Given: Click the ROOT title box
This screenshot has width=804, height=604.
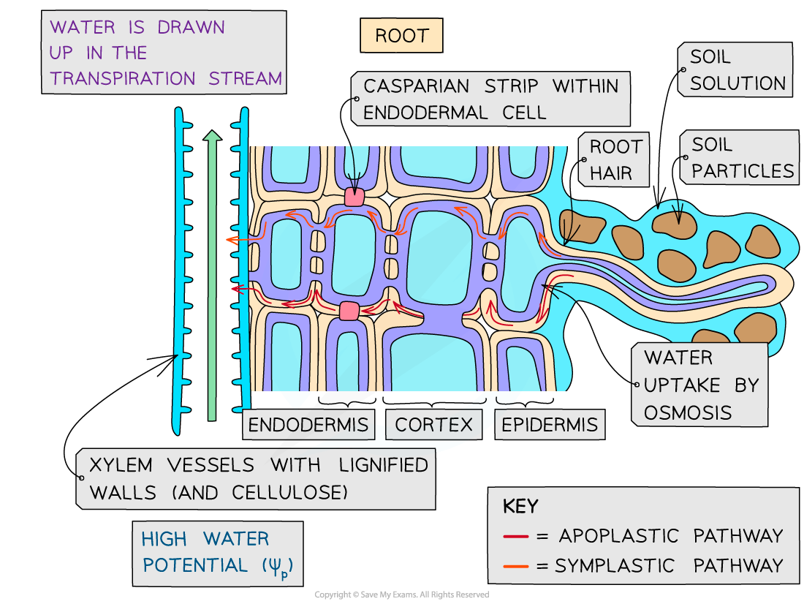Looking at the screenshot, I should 401,36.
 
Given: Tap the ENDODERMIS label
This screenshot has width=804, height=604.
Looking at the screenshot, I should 308,424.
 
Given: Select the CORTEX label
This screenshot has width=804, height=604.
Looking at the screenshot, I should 433,424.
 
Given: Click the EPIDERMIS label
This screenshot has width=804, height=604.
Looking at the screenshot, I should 549,424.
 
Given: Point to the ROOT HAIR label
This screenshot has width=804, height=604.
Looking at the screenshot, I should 615,159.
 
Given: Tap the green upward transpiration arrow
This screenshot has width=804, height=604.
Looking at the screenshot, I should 212,278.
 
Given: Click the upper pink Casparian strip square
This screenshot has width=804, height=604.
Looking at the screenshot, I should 354,196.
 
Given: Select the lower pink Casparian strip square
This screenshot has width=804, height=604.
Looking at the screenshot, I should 349,311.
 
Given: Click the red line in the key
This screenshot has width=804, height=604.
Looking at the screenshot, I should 515,537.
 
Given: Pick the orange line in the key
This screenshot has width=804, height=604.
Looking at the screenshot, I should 515,565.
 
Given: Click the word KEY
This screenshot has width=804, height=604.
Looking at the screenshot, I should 520,506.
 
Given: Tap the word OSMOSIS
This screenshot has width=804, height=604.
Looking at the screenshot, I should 677,412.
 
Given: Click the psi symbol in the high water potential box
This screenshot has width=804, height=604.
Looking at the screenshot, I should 281,565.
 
